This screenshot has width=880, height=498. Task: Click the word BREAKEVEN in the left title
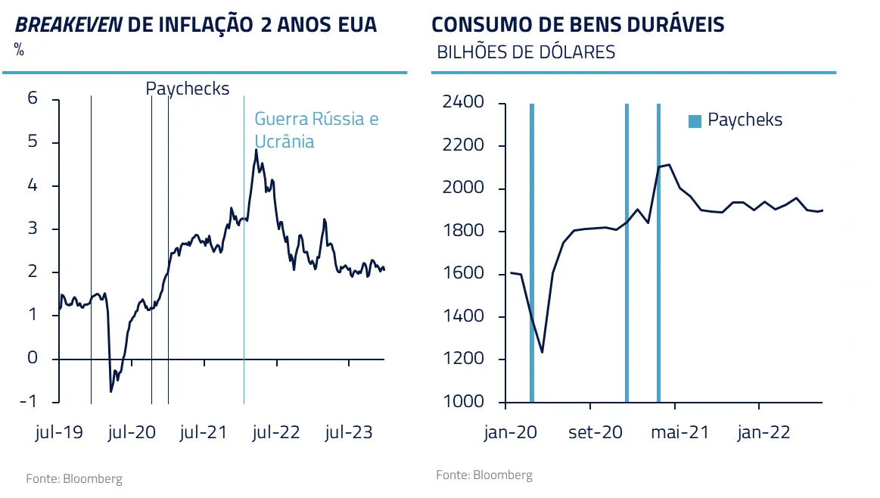coord(69,25)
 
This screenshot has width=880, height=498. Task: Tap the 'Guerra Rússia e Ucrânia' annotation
coord(316,130)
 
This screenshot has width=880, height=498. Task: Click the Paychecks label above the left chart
coord(187,89)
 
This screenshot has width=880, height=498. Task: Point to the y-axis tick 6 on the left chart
coord(33,98)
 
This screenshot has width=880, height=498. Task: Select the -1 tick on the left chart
coord(29,401)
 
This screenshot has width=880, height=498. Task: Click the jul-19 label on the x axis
coord(59,432)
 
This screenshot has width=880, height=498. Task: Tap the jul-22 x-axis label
coord(277,432)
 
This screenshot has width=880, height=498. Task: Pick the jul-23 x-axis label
coord(349,432)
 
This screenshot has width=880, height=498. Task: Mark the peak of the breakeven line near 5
coord(256,150)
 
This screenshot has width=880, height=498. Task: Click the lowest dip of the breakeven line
coord(111,391)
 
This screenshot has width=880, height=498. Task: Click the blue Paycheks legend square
coord(695,120)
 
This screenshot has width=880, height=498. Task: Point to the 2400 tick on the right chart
coord(462,102)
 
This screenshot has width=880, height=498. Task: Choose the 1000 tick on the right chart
coord(462,401)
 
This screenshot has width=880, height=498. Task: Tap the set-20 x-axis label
coord(595,432)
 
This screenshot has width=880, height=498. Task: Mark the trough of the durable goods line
coord(542,352)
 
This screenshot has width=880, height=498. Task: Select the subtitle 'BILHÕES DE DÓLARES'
coord(526,52)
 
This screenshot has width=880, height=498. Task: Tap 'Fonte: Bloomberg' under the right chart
coord(484,475)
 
